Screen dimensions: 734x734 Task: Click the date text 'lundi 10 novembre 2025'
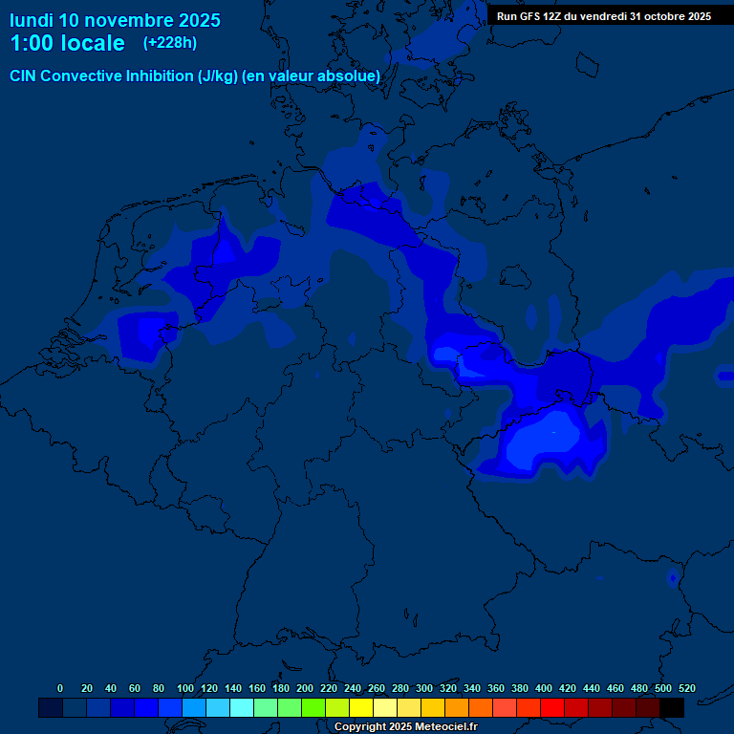(x=115, y=20)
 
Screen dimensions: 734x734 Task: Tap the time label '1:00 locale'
(x=67, y=44)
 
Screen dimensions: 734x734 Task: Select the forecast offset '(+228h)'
(x=171, y=43)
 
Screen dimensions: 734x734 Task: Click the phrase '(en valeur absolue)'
(x=312, y=76)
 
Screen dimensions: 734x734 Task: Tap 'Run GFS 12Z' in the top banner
(x=530, y=16)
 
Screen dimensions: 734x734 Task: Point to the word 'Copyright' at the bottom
(x=361, y=727)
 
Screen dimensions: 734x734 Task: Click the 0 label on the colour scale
(x=60, y=688)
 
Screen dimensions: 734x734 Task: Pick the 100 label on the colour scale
(x=184, y=688)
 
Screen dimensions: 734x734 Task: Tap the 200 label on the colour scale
(x=304, y=688)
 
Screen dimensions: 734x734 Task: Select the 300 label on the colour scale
(x=423, y=688)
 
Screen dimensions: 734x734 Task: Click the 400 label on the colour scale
(x=543, y=688)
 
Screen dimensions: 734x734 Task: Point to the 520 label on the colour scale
(x=686, y=688)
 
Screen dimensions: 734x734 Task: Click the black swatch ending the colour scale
(x=672, y=708)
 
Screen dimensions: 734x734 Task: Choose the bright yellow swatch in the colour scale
(x=361, y=708)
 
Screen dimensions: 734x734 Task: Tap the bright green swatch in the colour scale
(x=313, y=708)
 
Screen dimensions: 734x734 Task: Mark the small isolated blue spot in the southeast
(x=673, y=577)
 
